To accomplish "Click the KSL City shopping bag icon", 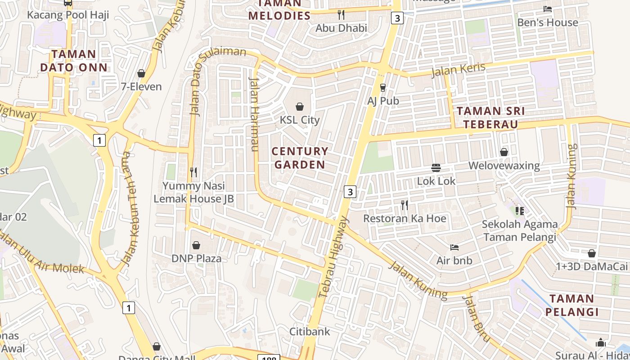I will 299,107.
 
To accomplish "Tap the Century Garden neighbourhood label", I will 300,158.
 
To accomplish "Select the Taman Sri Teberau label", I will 491,117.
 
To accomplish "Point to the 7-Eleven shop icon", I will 141,73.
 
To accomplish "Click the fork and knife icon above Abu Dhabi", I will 341,15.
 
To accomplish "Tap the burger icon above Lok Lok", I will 436,168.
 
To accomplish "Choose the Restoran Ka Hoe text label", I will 405,219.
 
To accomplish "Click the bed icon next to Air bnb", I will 454,247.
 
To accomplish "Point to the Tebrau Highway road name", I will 333,257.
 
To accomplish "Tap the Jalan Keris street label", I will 458,70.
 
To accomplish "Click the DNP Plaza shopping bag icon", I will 196,245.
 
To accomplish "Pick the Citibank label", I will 310,332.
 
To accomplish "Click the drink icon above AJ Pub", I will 383,87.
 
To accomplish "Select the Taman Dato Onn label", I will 74,61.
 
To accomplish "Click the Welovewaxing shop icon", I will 504,152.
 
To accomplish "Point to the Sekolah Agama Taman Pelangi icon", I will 520,211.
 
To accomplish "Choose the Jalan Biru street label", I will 476,317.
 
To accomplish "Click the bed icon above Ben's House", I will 547,9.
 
